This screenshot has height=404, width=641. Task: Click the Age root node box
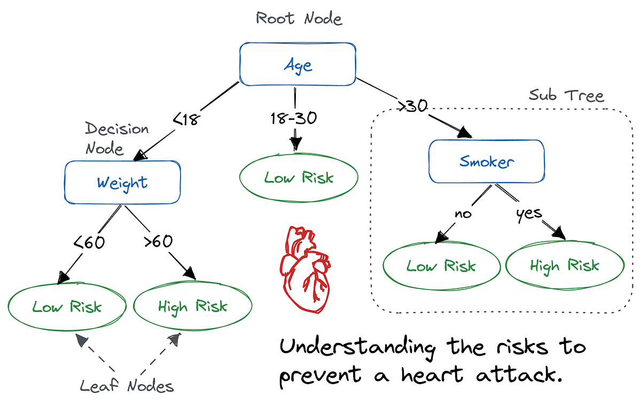pos(298,65)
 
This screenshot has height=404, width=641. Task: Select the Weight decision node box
pos(122,182)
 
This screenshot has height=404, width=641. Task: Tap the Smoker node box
pos(487,161)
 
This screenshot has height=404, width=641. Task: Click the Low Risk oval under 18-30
pos(299,178)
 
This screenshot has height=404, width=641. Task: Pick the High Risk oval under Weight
pos(192,306)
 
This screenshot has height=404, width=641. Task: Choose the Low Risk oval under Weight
pos(67,306)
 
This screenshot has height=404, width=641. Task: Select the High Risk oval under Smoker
pos(565,265)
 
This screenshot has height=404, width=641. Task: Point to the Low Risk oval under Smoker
pos(441,266)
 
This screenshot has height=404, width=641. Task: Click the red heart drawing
pos(303,268)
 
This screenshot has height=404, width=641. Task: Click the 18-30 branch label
pos(294,118)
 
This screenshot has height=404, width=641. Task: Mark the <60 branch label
pos(89,242)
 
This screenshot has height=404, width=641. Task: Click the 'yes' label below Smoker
pos(529,214)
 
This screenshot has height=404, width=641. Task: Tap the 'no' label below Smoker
pos(464,214)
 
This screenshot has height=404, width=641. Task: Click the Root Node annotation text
pos(299,18)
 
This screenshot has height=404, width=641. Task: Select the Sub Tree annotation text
pos(566,96)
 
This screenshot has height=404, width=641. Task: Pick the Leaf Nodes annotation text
pos(127,385)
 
